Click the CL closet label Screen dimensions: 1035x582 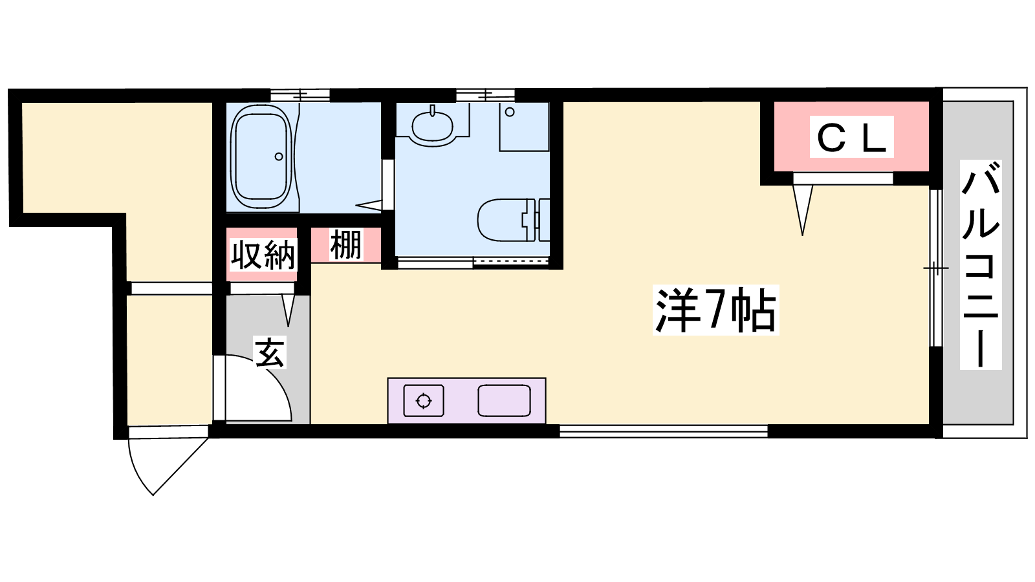click(851, 137)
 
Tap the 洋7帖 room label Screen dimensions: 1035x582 click(715, 310)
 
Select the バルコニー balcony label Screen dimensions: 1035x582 click(981, 264)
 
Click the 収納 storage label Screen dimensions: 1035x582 click(263, 255)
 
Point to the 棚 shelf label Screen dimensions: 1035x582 click(346, 245)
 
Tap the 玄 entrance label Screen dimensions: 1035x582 click(270, 352)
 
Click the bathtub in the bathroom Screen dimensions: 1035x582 click(262, 156)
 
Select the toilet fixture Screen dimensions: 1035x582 click(513, 220)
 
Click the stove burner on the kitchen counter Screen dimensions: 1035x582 click(424, 400)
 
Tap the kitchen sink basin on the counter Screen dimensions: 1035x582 click(504, 400)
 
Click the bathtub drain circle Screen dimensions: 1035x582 click(279, 156)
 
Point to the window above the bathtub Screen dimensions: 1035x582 click(300, 95)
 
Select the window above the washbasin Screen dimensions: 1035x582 click(485, 95)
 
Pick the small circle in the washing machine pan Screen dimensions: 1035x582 click(510, 112)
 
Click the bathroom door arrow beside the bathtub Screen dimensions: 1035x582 click(369, 205)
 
